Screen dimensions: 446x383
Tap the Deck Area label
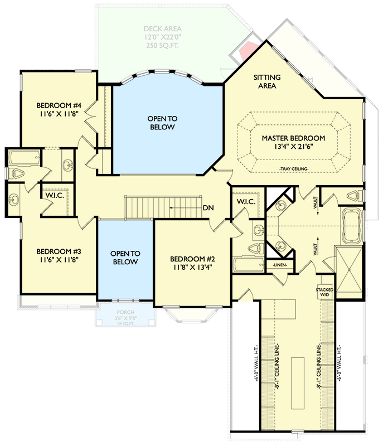tap(162, 29)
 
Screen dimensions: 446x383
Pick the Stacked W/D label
tap(324, 292)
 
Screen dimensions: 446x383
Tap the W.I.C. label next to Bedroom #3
tap(54, 196)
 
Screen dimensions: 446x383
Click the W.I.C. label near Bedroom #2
tap(245, 201)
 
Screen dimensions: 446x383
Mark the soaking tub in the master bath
tap(351, 226)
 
